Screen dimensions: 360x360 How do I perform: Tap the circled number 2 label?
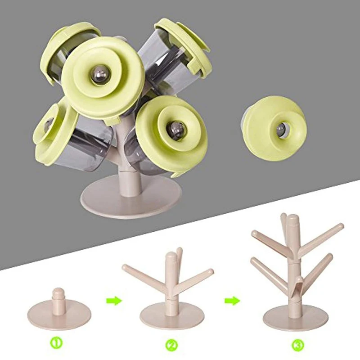tap(171, 345)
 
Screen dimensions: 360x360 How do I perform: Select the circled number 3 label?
tap(298, 345)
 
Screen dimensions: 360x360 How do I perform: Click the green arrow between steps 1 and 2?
tap(114, 301)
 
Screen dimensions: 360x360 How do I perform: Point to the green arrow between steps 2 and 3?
tap(232, 301)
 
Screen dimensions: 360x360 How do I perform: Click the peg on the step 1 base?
tap(58, 297)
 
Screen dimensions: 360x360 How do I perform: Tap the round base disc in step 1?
tap(59, 315)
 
